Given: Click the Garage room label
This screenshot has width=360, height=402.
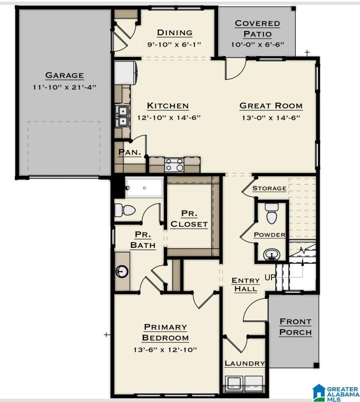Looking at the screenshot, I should (64, 75).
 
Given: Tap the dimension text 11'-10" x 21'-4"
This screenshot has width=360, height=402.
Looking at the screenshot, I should (64, 87).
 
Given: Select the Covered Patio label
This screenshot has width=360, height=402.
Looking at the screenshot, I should (257, 29).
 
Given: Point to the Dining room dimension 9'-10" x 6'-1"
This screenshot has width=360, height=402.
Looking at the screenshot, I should (174, 44).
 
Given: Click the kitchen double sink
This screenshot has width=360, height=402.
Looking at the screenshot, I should (122, 116).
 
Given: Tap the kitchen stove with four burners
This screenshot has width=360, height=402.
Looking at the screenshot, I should (174, 165).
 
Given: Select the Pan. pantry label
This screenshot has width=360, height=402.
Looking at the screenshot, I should (129, 153).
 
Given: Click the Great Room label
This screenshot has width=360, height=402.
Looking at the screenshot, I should (271, 106).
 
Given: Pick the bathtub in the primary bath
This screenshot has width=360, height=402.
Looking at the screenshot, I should (144, 188).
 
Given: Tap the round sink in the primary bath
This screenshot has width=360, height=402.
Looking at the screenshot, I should (122, 272).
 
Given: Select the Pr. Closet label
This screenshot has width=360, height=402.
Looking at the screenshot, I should (189, 219).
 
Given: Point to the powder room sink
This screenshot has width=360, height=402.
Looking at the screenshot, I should (271, 254).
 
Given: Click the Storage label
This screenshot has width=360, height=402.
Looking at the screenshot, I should (269, 188).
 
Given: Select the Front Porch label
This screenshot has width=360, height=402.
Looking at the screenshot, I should (295, 327).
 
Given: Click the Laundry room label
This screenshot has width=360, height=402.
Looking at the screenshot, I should (244, 364).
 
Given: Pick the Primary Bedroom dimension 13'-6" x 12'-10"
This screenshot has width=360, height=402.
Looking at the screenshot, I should (165, 350).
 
